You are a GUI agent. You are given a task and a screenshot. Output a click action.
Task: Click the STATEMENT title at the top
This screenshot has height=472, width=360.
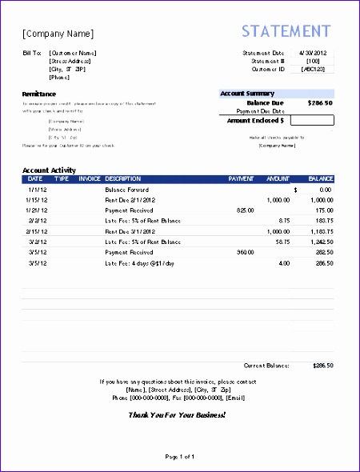286,31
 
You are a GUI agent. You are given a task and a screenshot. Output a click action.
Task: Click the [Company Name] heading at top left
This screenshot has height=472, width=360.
58,34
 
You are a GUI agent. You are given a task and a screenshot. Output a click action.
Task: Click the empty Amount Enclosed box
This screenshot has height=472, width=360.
312,120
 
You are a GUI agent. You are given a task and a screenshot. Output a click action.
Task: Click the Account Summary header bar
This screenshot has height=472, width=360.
276,94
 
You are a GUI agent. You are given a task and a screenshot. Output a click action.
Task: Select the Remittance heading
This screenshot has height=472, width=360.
39,94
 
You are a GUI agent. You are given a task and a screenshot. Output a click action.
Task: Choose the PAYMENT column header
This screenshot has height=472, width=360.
241,178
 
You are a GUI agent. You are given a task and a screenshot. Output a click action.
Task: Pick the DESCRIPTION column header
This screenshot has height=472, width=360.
123,178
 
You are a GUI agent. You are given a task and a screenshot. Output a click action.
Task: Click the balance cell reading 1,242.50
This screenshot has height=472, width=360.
319,241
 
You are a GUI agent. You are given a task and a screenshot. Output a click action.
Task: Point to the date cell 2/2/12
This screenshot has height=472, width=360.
38,220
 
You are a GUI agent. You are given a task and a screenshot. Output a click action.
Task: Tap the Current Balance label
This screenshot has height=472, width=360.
266,365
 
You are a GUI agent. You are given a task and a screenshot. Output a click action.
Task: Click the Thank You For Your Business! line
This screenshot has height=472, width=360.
177,415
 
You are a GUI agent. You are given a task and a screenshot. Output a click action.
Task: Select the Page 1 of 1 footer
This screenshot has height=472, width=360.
179,457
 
